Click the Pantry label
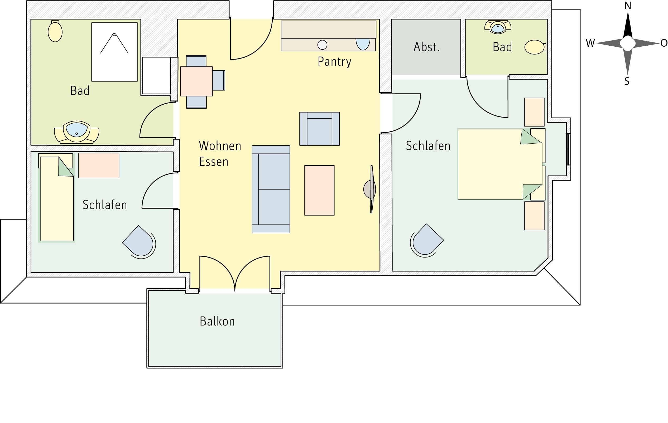334,61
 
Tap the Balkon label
217,321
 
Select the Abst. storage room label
427,47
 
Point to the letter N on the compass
628,6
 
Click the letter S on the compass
627,81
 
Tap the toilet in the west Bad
55,31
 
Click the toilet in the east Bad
535,47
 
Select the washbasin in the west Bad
76,132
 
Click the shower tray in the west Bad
114,52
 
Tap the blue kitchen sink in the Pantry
363,44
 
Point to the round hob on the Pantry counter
322,45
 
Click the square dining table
196,81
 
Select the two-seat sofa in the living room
271,189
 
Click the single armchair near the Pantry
320,129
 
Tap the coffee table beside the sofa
319,191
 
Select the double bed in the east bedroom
500,164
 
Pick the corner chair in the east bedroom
426,240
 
